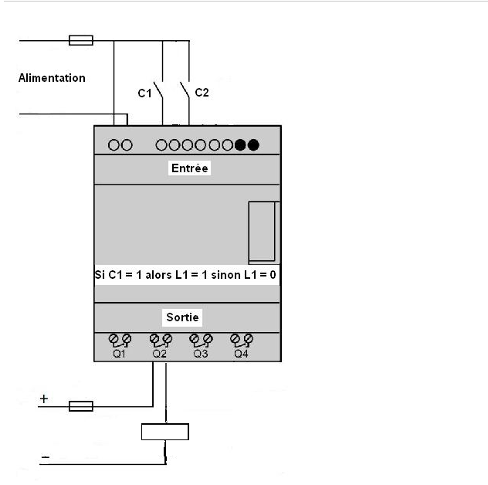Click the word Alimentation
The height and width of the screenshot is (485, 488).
tap(52, 78)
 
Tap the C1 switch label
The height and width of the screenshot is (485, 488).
tap(144, 93)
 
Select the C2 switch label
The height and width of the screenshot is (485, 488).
tap(202, 93)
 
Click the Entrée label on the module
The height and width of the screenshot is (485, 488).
tap(189, 168)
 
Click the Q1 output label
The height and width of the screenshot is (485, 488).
tap(119, 353)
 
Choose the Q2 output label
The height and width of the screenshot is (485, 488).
tap(160, 353)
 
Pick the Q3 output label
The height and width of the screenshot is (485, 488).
tap(201, 353)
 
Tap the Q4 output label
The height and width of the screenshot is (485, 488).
tap(241, 353)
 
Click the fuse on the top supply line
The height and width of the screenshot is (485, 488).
tap(81, 39)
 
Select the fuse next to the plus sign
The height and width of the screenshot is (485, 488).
tap(81, 405)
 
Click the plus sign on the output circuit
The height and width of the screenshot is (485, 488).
tap(44, 399)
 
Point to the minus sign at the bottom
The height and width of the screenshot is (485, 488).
tap(45, 458)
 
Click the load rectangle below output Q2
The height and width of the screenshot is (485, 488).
tap(164, 432)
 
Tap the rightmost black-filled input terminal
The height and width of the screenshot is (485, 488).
tap(252, 144)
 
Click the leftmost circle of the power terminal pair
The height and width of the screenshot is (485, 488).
tap(114, 144)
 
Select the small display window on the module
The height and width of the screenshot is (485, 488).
tap(263, 232)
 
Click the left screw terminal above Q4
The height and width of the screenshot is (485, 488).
tap(235, 338)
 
